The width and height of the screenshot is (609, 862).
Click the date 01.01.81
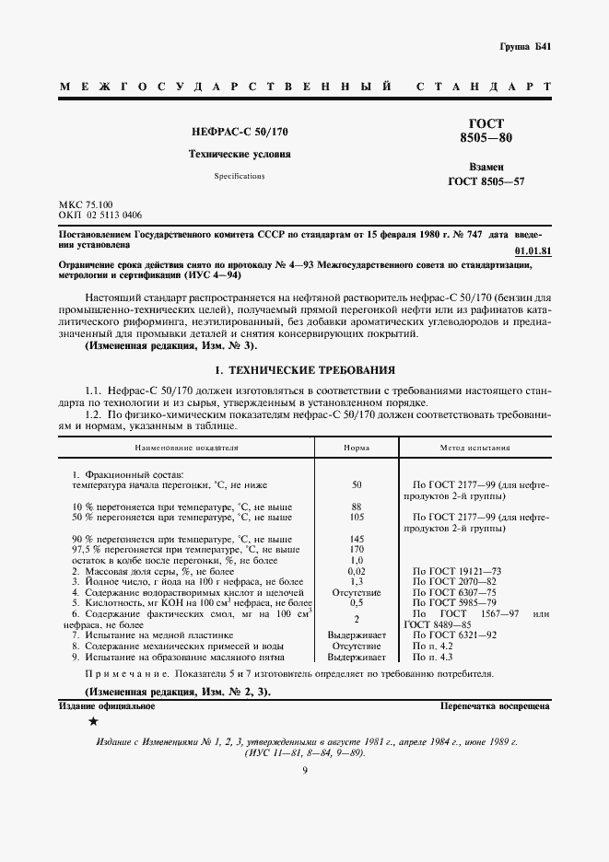point(533,250)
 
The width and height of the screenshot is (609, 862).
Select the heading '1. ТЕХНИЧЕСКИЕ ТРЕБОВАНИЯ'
point(304,369)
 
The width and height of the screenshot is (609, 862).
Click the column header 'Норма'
point(357,448)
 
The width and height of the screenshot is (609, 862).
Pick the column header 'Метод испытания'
point(474,448)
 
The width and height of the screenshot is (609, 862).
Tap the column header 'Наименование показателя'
point(187,448)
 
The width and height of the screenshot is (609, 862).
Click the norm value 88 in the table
point(357,507)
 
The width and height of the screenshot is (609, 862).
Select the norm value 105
point(357,518)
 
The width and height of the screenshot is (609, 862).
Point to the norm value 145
point(357,538)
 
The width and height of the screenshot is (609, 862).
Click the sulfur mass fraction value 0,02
point(357,572)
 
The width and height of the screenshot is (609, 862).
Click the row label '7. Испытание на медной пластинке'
point(152,635)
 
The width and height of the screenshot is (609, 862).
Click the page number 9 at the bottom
point(304,770)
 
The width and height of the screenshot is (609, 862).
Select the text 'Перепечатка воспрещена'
point(496,706)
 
